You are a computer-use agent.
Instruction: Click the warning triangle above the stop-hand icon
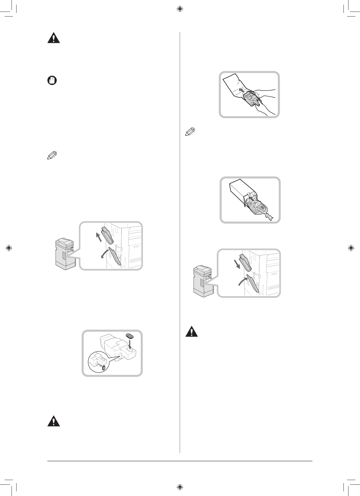pos(54,38)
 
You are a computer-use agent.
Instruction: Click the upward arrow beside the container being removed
pos(98,237)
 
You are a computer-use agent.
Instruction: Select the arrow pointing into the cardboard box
pos(251,198)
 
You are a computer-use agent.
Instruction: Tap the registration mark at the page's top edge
pos(180,9)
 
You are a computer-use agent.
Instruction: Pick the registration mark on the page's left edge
pos(9,248)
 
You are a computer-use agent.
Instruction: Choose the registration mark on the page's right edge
pos(351,248)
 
